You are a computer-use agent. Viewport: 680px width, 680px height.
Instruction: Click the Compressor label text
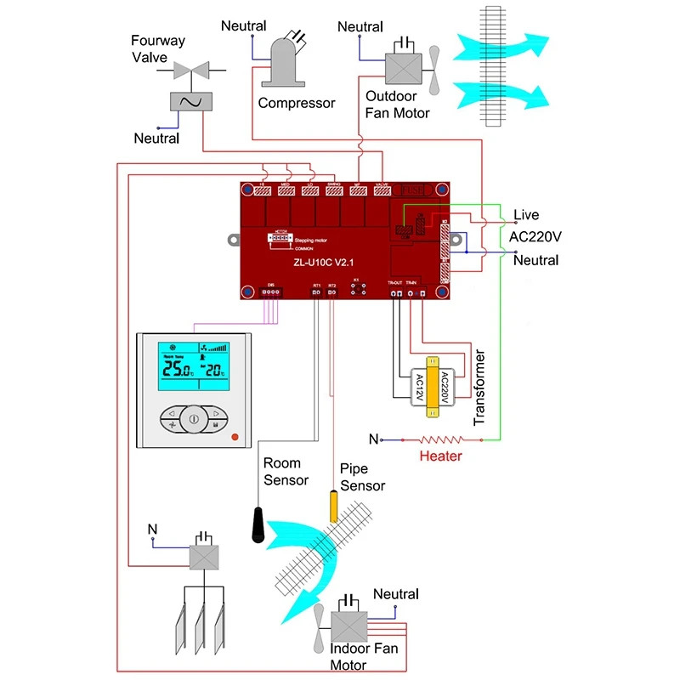[297, 103]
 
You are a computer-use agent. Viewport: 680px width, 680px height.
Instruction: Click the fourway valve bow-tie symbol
[191, 71]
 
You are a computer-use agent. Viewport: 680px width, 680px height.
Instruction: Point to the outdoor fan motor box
[404, 67]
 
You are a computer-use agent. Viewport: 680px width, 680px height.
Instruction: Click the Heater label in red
[441, 456]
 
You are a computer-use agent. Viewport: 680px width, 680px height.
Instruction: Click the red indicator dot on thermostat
[235, 438]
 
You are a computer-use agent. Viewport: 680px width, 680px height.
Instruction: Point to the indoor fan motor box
[348, 626]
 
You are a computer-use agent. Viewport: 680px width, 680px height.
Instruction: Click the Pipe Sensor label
[362, 477]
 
